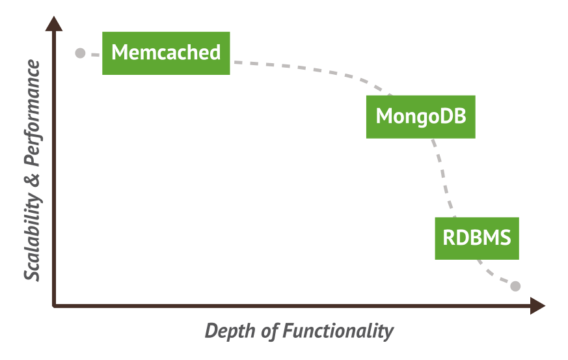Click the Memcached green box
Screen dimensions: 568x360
click(x=166, y=53)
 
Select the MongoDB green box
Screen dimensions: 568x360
click(x=420, y=117)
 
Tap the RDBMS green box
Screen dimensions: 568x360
click(x=477, y=238)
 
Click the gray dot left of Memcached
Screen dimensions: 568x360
click(x=80, y=53)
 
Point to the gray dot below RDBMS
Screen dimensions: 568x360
click(x=515, y=286)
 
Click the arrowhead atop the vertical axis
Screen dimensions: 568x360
click(x=54, y=23)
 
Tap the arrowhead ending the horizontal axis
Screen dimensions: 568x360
click(x=538, y=306)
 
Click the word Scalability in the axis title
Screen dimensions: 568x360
click(x=33, y=237)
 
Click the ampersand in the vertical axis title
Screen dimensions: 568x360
click(x=33, y=180)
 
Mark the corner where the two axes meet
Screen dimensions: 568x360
click(x=54, y=306)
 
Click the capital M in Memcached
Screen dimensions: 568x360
click(x=119, y=52)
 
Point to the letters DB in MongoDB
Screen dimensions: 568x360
click(x=455, y=116)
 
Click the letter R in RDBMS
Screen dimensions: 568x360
click(x=448, y=238)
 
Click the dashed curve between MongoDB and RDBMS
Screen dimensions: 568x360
click(x=442, y=178)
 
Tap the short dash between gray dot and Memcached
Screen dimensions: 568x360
click(x=95, y=55)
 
